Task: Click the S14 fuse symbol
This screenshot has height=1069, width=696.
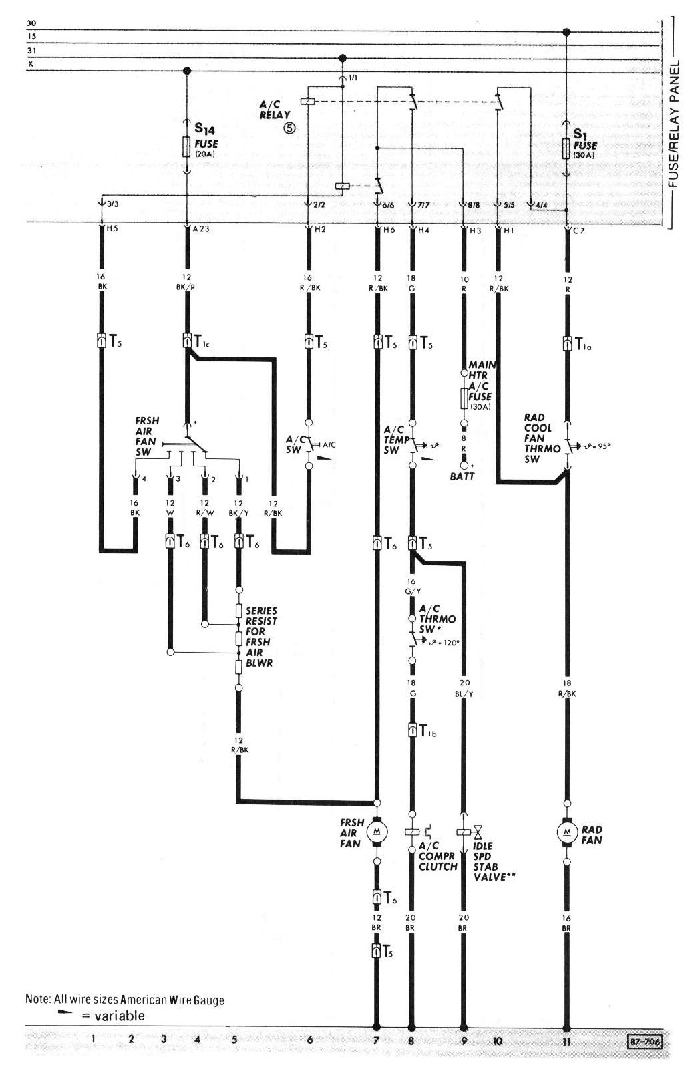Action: point(187,147)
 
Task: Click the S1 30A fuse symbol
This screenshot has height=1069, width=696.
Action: point(566,148)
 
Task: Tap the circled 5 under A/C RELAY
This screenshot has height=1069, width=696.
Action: point(289,128)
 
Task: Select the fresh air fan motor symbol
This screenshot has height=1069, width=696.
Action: point(377,831)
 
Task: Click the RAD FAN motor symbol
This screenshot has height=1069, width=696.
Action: point(567,831)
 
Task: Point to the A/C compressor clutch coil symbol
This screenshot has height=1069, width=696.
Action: point(411,832)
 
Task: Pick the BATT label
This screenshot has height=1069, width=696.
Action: point(462,476)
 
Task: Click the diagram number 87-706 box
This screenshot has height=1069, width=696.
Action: point(644,1040)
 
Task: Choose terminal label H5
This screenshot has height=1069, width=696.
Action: point(112,229)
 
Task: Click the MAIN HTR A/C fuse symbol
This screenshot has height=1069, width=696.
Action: point(464,399)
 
